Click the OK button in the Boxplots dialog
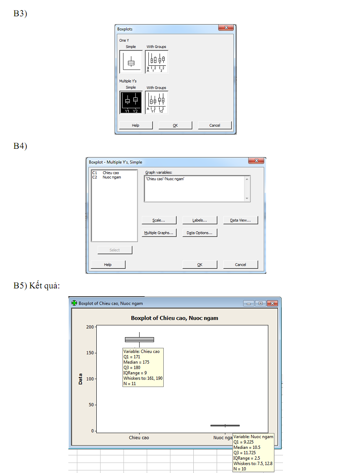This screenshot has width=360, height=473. [175, 125]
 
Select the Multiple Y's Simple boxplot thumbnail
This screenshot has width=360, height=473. [131, 102]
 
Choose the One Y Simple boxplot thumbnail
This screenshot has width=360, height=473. [131, 62]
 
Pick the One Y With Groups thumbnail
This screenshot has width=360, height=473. [157, 62]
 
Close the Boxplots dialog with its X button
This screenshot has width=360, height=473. [226, 28]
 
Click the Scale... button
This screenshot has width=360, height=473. [159, 220]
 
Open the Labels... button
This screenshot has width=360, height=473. [200, 220]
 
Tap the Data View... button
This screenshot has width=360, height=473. [240, 220]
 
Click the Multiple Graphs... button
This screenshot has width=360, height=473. [159, 233]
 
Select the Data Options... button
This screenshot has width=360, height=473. [200, 233]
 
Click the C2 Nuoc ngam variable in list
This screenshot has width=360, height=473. [107, 178]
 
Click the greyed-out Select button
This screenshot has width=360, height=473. [115, 250]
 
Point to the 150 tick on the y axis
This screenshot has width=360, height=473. [90, 353]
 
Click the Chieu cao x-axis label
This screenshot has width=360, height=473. [139, 438]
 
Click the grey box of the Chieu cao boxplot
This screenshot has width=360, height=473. [139, 339]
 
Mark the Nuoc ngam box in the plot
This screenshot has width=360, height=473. [225, 425]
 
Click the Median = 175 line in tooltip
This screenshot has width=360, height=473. [136, 362]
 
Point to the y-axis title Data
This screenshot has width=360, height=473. [80, 379]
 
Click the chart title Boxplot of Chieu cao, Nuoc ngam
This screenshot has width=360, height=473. [175, 318]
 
